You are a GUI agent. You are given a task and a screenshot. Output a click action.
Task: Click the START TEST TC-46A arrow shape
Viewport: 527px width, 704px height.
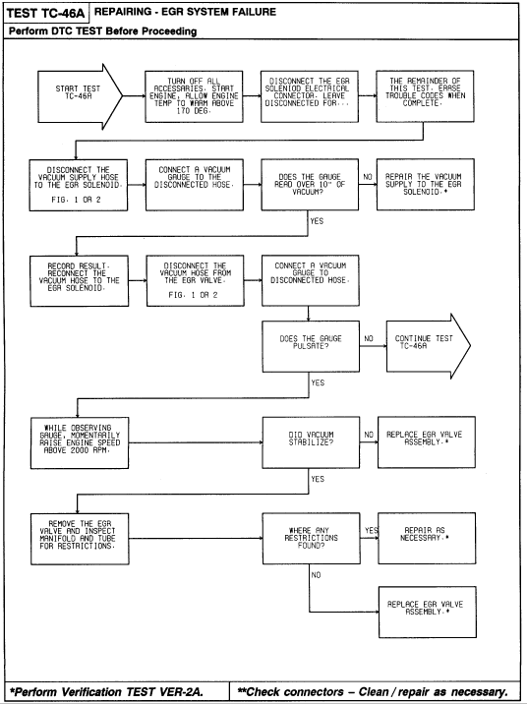click(80, 96)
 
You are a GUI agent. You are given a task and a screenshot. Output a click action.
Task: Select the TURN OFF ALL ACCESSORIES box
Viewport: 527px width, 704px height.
click(194, 96)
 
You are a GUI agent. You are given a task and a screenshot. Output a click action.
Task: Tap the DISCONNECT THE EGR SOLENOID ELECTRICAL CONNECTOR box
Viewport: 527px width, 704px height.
click(310, 96)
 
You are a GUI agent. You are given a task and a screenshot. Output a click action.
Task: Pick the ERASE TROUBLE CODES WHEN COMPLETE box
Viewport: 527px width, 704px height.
click(425, 96)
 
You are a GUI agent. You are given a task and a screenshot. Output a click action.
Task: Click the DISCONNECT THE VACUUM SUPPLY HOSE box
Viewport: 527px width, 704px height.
click(79, 185)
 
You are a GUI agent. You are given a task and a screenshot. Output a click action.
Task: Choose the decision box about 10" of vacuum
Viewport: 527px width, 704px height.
click(310, 185)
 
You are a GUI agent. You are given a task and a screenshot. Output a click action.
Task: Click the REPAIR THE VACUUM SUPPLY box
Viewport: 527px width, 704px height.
click(426, 184)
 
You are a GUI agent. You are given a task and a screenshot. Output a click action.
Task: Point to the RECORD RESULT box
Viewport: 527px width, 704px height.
click(79, 281)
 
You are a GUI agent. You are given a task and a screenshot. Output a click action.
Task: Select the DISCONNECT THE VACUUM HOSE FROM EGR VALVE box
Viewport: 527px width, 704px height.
click(196, 280)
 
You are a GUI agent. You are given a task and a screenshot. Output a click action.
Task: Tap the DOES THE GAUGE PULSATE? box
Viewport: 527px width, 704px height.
click(311, 346)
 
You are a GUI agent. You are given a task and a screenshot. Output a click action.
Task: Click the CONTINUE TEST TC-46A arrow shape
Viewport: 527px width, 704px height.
click(429, 346)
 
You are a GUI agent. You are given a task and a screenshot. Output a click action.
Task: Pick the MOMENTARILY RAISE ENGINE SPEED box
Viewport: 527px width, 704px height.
click(80, 443)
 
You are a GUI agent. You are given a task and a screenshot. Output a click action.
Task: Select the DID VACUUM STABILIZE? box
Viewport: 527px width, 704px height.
click(311, 442)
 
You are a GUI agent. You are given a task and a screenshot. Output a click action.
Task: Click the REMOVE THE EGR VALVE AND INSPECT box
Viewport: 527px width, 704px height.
click(80, 539)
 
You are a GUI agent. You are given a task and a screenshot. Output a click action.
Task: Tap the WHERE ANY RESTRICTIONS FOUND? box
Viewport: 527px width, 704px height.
click(311, 539)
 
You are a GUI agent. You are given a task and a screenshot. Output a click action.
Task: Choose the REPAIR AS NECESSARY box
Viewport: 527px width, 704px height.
click(427, 538)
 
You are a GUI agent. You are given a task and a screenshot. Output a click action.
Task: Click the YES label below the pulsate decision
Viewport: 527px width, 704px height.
click(318, 382)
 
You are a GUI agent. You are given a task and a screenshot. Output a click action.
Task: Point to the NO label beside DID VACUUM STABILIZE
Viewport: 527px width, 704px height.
click(369, 435)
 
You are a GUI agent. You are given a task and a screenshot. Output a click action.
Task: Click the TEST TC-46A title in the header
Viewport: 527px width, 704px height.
click(45, 13)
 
